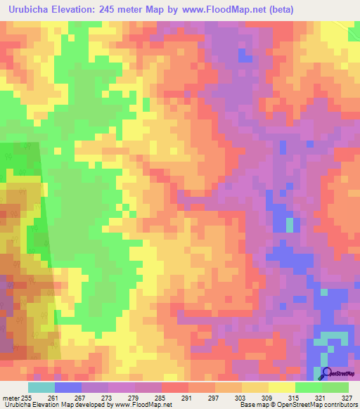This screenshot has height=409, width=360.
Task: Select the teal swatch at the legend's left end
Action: coord(41,387)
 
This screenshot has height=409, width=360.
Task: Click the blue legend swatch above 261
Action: coord(68,387)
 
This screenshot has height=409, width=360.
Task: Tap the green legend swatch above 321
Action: coord(309,387)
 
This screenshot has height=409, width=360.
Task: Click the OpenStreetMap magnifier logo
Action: coord(327,374)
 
